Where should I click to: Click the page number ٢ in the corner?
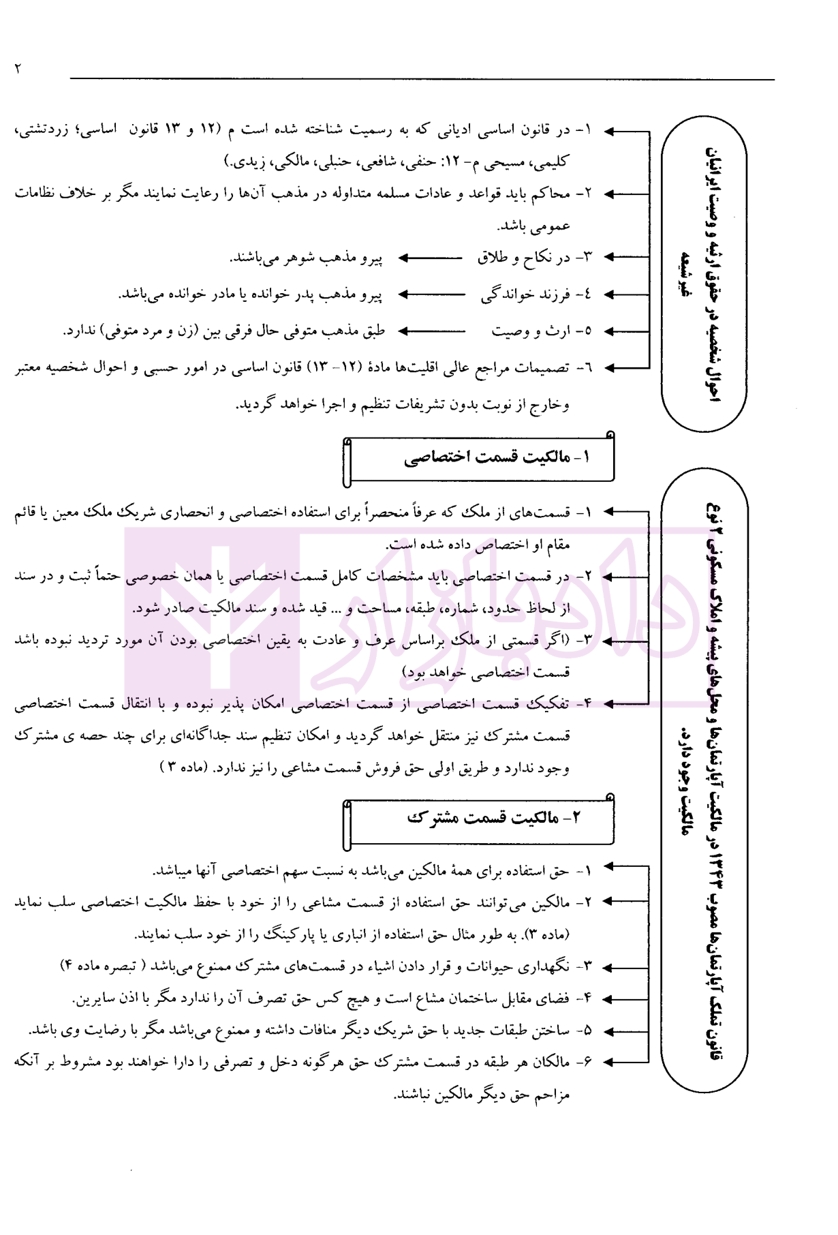(18, 68)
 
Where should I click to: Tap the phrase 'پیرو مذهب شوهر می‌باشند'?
(306, 258)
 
